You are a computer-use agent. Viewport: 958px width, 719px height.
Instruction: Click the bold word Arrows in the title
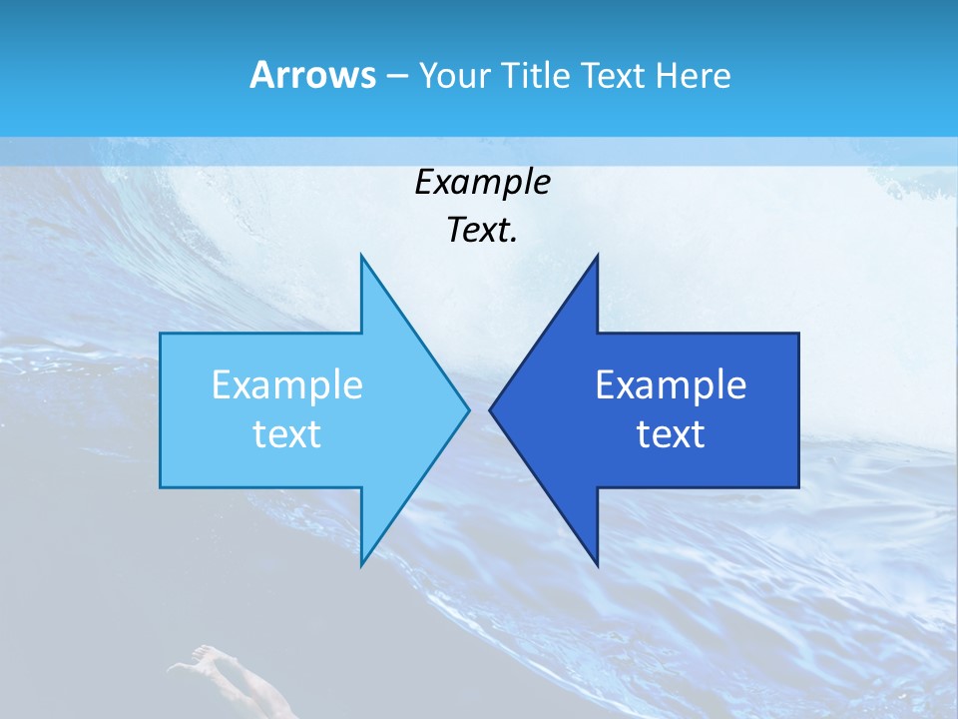(x=312, y=75)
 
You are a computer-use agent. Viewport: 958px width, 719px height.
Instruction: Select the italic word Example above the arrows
(x=482, y=183)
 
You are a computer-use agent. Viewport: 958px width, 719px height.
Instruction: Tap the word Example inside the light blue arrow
(x=287, y=385)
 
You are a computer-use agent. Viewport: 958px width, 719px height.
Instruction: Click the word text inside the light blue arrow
(x=287, y=434)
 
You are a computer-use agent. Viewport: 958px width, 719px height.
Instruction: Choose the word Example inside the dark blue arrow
(x=671, y=385)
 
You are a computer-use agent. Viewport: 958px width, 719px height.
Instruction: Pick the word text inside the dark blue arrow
(x=671, y=434)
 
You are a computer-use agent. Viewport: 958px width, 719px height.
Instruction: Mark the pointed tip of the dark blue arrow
(x=491, y=409)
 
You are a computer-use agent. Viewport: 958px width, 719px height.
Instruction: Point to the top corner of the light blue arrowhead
(x=361, y=257)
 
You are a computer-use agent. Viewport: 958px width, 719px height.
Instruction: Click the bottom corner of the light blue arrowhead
(x=361, y=563)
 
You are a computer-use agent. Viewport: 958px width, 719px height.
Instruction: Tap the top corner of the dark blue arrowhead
(x=597, y=257)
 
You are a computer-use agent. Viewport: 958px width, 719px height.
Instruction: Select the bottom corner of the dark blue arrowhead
(x=597, y=563)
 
